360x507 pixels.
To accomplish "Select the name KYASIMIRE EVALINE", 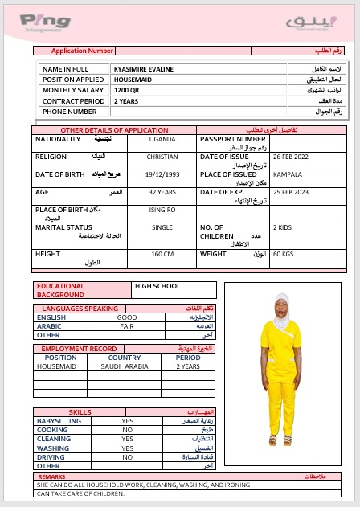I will (x=143, y=69).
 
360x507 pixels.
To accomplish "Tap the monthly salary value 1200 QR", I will (x=126, y=91).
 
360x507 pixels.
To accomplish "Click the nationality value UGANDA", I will (x=162, y=139).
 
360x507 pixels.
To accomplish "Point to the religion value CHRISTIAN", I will (x=162, y=157).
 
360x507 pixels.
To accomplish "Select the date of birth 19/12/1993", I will (x=162, y=174).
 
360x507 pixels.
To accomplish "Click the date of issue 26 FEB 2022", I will (x=289, y=157).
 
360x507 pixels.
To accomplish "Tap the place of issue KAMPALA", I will (x=288, y=174).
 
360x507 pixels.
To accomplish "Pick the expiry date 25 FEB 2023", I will (x=289, y=192).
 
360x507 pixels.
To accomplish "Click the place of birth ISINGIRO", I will (x=162, y=210).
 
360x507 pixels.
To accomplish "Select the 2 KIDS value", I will (x=283, y=227).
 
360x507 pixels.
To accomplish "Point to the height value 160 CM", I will (x=162, y=254).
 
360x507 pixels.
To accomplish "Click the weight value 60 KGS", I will (x=284, y=254).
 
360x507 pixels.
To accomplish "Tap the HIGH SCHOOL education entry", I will (x=157, y=286).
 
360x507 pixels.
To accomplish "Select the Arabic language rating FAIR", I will (x=127, y=326).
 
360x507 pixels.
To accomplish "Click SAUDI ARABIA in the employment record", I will (x=125, y=366).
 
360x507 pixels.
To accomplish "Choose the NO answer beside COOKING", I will (x=127, y=430).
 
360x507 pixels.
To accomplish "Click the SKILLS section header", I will (x=80, y=411).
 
